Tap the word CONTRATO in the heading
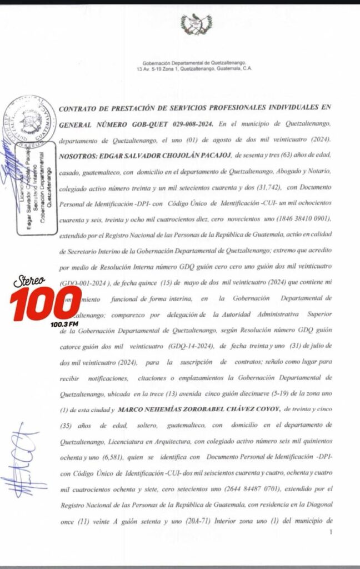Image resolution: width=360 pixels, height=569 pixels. click(x=81, y=108)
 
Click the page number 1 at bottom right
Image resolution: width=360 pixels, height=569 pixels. click(x=331, y=532)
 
